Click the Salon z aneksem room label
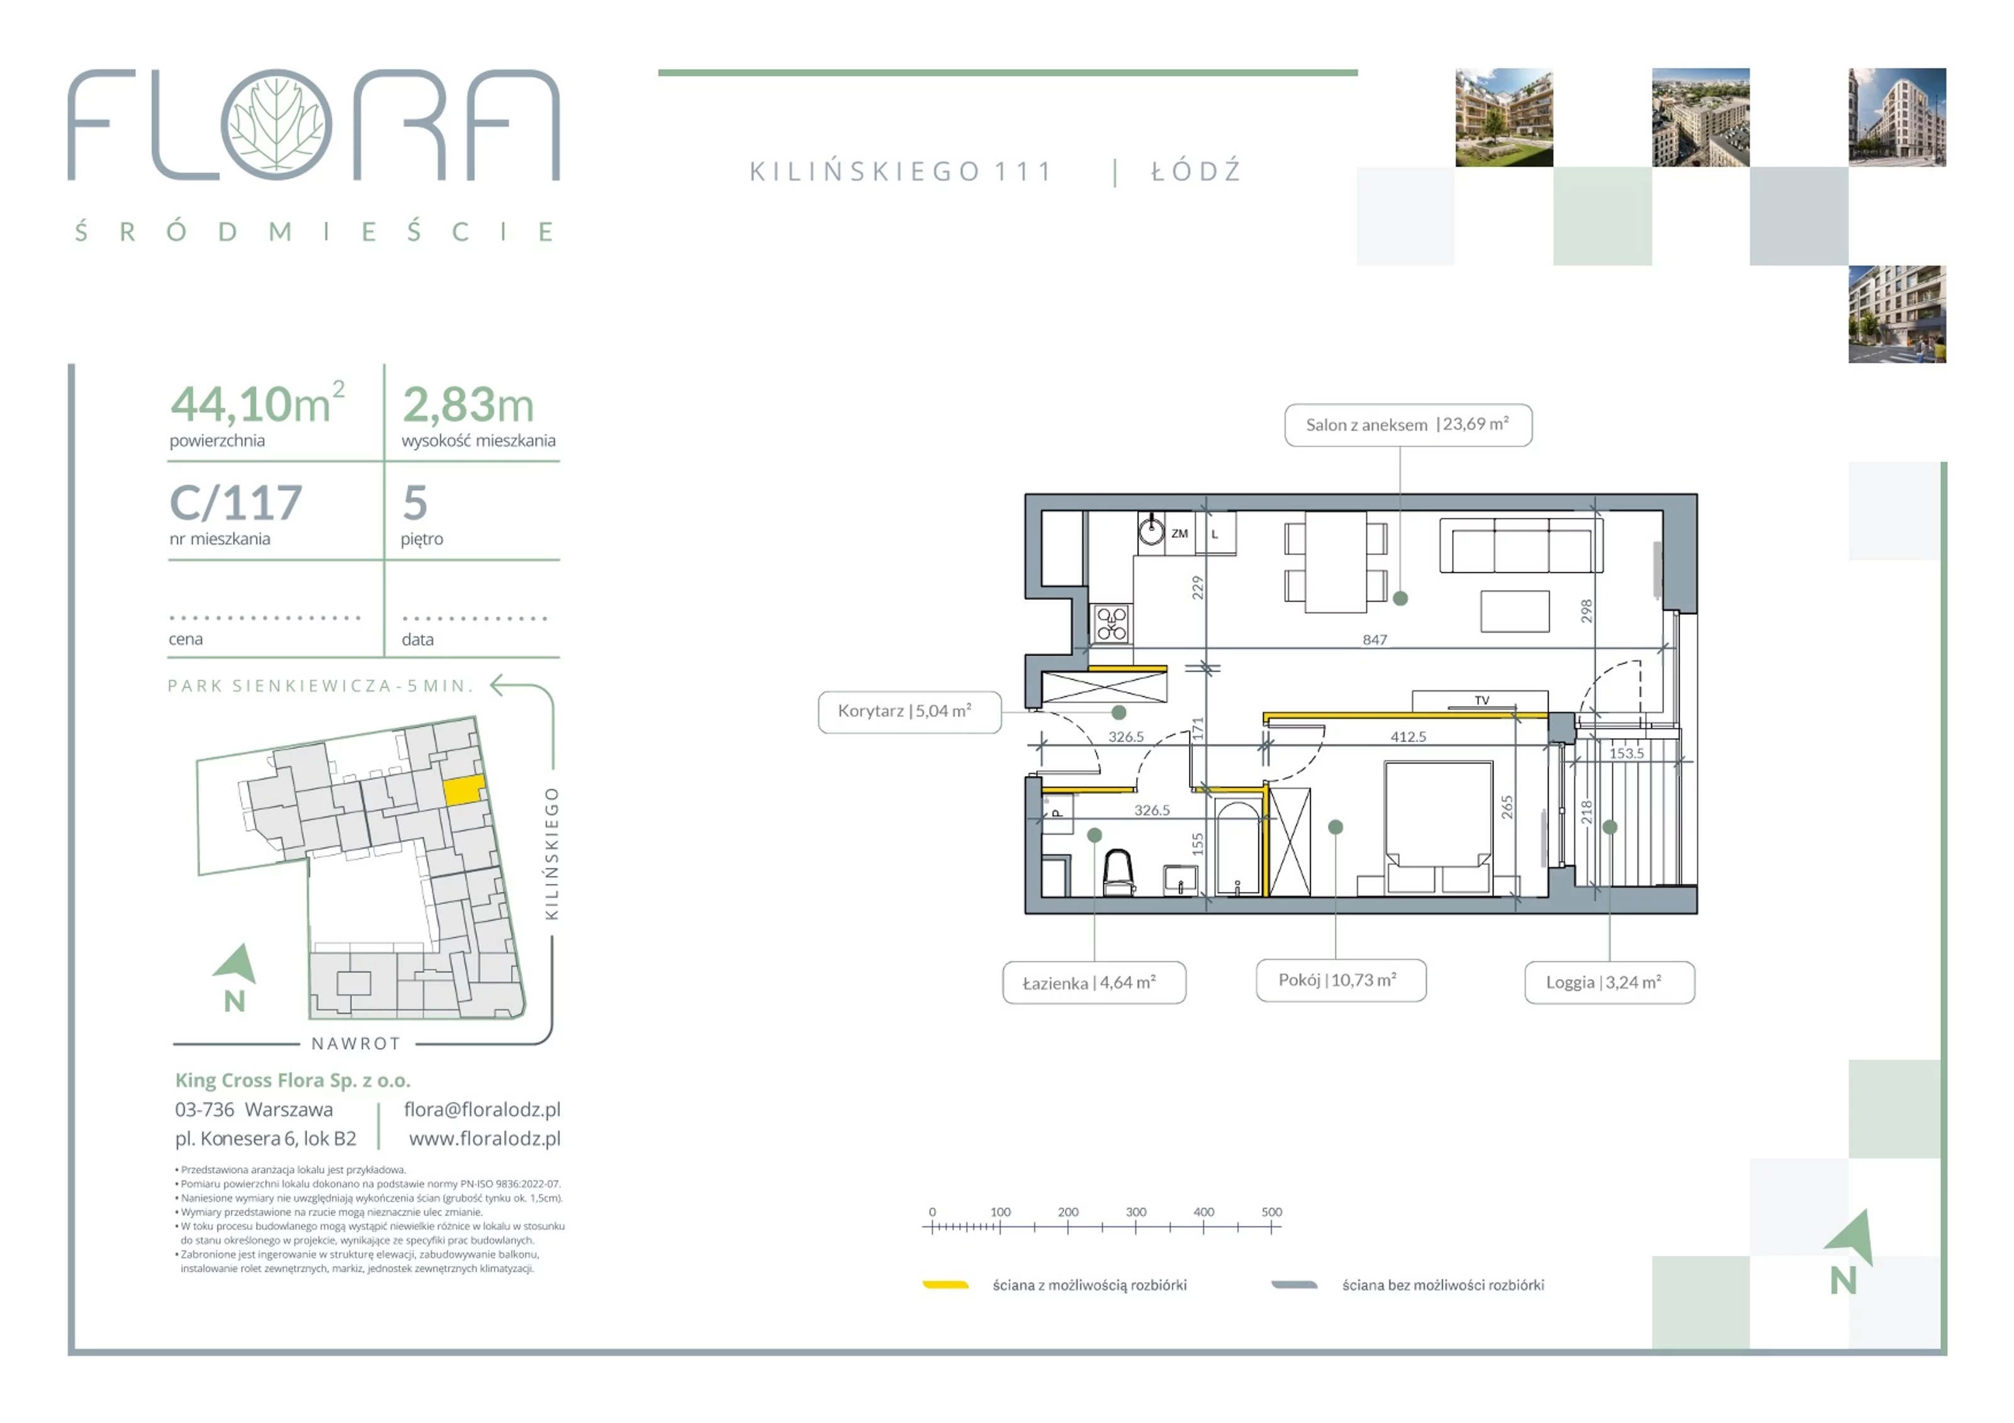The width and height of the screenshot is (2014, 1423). [x=1408, y=425]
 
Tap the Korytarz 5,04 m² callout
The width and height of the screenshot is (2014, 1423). [x=909, y=711]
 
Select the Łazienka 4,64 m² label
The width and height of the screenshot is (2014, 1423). [x=1094, y=982]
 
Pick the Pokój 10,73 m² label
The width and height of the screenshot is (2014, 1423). [x=1341, y=980]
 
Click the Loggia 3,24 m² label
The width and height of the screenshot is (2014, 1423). [x=1609, y=982]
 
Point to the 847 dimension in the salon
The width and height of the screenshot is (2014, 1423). [x=1375, y=639]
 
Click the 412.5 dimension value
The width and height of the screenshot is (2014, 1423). [x=1408, y=737]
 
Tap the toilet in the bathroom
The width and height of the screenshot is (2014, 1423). [x=1118, y=871]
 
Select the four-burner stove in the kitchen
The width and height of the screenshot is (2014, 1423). [x=1111, y=624]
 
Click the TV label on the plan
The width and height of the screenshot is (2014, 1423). [x=1482, y=700]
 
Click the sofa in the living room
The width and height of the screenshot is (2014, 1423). [x=1521, y=545]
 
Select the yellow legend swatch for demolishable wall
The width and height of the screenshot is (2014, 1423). [x=945, y=1285]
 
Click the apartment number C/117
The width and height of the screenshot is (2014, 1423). [x=236, y=503]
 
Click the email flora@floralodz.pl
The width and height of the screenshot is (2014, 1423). [x=483, y=1110]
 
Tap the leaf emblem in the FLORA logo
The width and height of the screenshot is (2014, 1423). [x=276, y=125]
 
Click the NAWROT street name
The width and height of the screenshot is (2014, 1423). [x=356, y=1044]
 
